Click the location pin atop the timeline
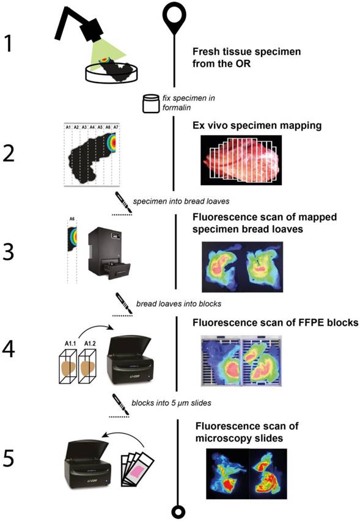tap(175, 17)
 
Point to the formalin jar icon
tap(150, 103)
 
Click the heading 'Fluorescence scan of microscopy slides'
tap(240, 430)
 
